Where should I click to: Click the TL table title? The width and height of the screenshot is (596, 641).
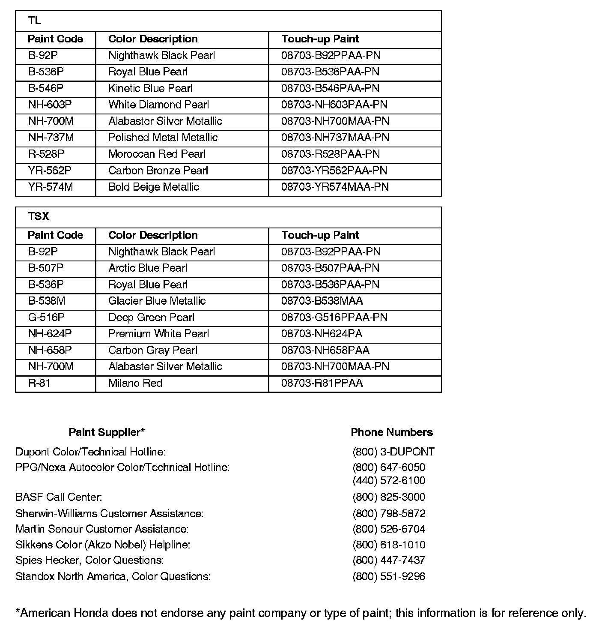[35, 21]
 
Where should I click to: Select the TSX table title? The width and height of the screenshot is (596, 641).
[39, 217]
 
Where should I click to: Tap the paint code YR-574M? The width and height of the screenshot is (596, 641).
[51, 187]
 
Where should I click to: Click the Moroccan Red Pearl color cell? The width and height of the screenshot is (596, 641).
[157, 154]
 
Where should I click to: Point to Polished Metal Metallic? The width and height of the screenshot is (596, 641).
[163, 138]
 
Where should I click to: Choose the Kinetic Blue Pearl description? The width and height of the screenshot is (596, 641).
[150, 89]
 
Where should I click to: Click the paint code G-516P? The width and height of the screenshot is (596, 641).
[46, 318]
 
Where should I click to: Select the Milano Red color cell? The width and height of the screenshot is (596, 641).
[135, 383]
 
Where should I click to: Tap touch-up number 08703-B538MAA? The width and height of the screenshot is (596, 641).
[322, 301]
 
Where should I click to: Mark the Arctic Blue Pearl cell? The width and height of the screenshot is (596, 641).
[148, 268]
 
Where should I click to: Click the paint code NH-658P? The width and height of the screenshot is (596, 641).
[50, 350]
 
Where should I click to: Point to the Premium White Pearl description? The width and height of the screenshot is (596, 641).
[158, 334]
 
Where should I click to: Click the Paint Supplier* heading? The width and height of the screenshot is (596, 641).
[107, 432]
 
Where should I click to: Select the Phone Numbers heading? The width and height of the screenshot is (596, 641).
[392, 432]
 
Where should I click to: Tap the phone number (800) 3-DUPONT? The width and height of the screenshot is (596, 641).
[393, 452]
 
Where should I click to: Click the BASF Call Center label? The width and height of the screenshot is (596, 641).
[59, 497]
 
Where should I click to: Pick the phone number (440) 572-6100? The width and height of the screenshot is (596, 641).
[389, 481]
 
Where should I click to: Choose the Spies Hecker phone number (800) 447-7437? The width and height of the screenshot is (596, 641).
[389, 560]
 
